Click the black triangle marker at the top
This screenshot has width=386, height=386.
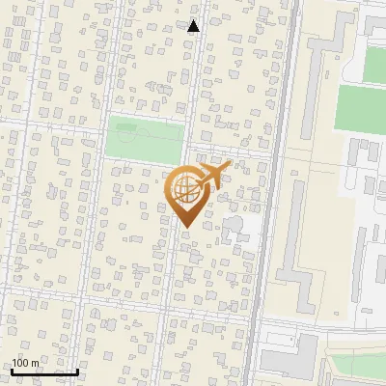193,26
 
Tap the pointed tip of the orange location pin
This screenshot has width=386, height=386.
185,227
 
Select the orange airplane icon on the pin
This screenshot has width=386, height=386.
210,176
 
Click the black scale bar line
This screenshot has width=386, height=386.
43,372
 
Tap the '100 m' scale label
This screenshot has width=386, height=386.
25,363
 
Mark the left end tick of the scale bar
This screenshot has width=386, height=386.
11,371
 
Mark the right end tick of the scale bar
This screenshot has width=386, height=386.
77,371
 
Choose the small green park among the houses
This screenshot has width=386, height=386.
145,138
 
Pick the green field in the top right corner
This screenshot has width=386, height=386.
374,63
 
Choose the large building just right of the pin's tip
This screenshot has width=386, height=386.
233,230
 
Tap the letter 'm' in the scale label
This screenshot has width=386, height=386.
35,363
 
